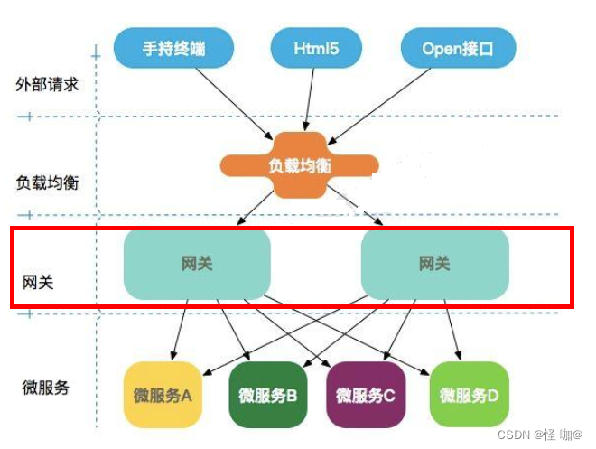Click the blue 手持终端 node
point(173,48)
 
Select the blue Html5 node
point(316,48)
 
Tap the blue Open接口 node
point(458,48)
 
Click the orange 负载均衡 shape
point(300,165)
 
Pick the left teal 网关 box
point(197,265)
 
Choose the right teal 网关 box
point(435,265)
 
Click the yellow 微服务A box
point(163,395)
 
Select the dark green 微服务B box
point(268,395)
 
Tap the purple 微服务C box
point(366,395)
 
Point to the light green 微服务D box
point(469,395)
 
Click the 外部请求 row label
point(47,84)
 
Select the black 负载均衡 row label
point(47,182)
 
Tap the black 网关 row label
point(38,282)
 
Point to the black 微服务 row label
point(46,388)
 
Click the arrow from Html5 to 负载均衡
point(310,99)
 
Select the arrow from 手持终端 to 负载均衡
point(234,104)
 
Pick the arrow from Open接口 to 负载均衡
point(379,106)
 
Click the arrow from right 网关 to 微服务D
point(452,330)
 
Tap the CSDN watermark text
point(540,435)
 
